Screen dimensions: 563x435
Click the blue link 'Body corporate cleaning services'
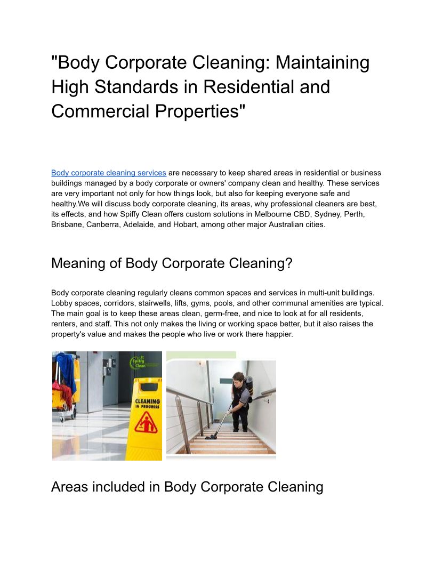108,173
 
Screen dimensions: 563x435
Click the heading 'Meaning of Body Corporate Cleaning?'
172,263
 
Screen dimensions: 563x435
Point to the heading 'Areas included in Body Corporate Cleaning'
187,487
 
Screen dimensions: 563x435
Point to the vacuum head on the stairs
211,436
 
